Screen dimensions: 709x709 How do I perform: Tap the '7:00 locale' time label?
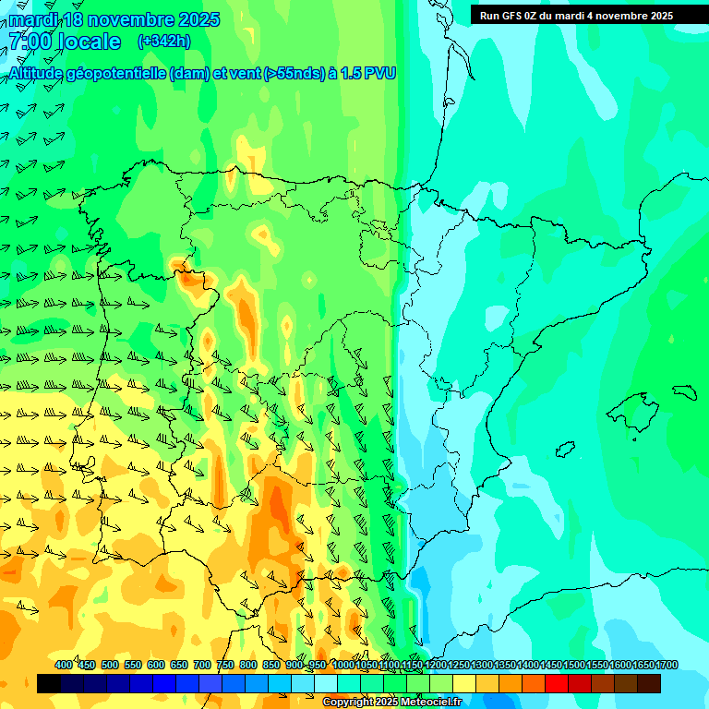pyautogui.click(x=65, y=42)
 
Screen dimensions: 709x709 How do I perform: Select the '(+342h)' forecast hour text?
pyautogui.click(x=163, y=42)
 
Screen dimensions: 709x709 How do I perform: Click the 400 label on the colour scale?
pyautogui.click(x=64, y=665)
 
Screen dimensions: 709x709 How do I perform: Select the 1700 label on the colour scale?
pyautogui.click(x=667, y=665)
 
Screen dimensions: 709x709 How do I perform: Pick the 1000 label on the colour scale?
pyautogui.click(x=342, y=665)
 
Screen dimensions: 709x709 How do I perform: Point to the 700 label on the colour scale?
pyautogui.click(x=202, y=665)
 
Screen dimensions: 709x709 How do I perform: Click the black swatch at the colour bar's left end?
pyautogui.click(x=49, y=684)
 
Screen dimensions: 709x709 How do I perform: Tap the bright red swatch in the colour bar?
pyautogui.click(x=557, y=684)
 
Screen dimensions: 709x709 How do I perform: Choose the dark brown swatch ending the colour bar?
pyautogui.click(x=649, y=684)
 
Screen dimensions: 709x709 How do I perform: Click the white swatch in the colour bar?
pyautogui.click(x=326, y=684)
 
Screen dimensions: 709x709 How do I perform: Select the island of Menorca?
pyautogui.click(x=684, y=391)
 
